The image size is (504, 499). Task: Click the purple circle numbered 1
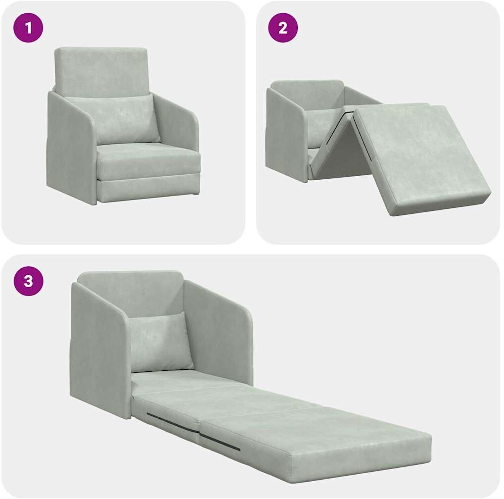coord(28,28)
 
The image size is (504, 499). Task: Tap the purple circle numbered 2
coord(283,28)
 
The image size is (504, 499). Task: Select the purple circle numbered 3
coord(28,281)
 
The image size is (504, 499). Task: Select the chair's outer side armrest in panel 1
coord(71,148)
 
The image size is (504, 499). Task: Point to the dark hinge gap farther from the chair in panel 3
coord(220,441)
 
